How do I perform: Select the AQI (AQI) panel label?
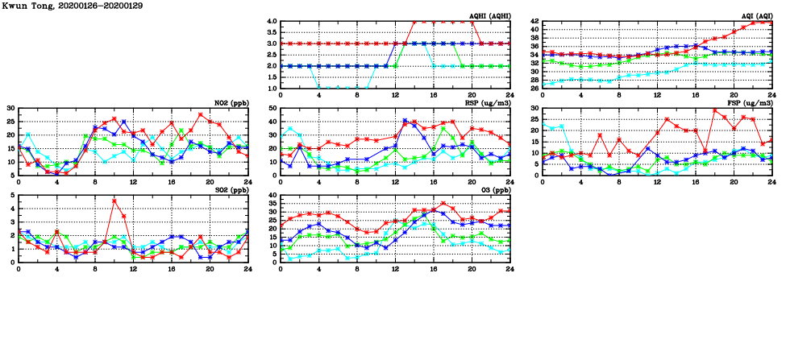pyautogui.click(x=754, y=15)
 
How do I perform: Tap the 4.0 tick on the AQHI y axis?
pyautogui.click(x=272, y=21)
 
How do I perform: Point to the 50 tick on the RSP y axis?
pyautogui.click(x=273, y=108)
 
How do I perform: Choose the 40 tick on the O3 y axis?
pyautogui.click(x=273, y=195)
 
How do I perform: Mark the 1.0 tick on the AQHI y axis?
pyautogui.click(x=272, y=88)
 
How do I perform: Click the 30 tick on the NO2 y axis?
pyautogui.click(x=11, y=108)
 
